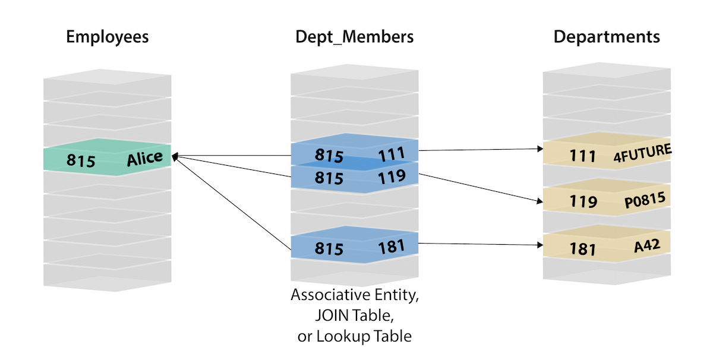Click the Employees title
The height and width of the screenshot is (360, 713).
tap(107, 37)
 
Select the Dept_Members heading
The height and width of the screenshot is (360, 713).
tap(355, 37)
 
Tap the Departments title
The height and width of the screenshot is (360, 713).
tap(607, 37)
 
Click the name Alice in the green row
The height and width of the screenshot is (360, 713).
tap(144, 158)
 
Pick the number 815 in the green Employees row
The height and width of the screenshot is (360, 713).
tap(81, 161)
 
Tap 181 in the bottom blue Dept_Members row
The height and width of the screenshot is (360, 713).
tap(391, 246)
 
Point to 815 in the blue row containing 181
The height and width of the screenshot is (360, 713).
tap(329, 249)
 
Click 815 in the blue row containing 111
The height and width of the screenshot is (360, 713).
tap(329, 156)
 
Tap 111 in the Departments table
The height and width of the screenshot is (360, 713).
tap(582, 156)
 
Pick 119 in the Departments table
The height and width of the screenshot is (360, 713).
tap(582, 202)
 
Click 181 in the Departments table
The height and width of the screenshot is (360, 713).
tap(582, 249)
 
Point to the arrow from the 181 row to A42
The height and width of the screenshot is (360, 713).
tap(481, 244)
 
